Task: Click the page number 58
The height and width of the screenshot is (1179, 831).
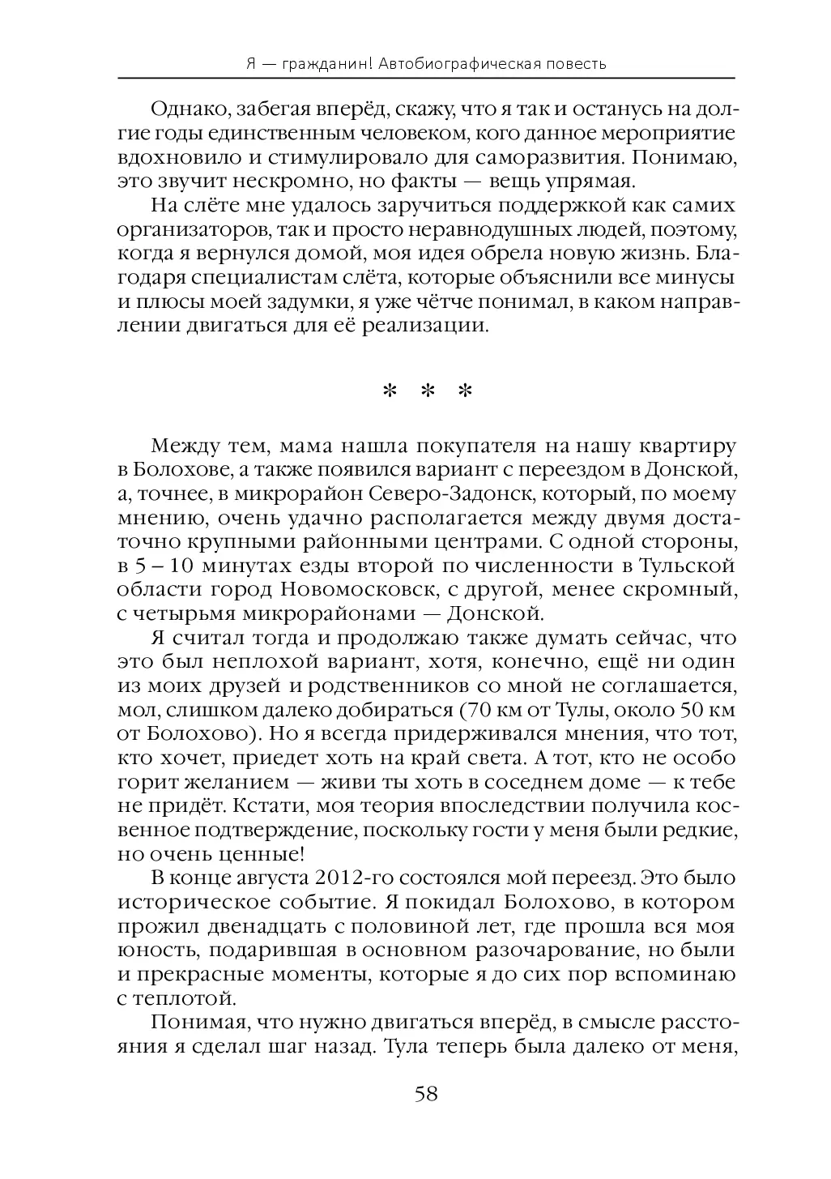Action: pyautogui.click(x=426, y=1095)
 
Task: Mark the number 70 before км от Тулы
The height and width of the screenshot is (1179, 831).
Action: pyautogui.click(x=473, y=711)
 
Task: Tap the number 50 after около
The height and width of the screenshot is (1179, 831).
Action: pyautogui.click(x=697, y=711)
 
